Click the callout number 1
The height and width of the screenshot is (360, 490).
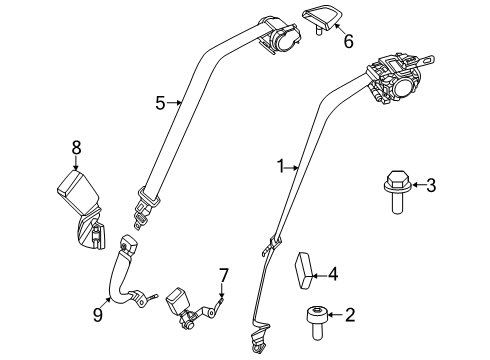[281, 166]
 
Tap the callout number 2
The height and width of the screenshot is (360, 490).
[350, 315]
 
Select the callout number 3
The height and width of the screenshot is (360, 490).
[431, 185]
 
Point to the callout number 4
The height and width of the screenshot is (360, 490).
[333, 274]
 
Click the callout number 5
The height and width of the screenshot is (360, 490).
[160, 103]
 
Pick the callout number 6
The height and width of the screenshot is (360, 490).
[348, 42]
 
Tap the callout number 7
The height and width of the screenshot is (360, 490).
[223, 276]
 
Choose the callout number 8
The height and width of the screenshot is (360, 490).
[76, 148]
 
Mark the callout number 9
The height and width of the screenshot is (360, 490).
[98, 315]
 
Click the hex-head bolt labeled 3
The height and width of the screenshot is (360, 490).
[396, 192]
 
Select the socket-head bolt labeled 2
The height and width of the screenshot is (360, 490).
[317, 323]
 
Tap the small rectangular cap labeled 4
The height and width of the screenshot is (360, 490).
[303, 271]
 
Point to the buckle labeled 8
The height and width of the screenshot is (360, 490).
[82, 209]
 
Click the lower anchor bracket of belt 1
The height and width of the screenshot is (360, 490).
[259, 337]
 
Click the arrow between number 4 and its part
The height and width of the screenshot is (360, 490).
[320, 276]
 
